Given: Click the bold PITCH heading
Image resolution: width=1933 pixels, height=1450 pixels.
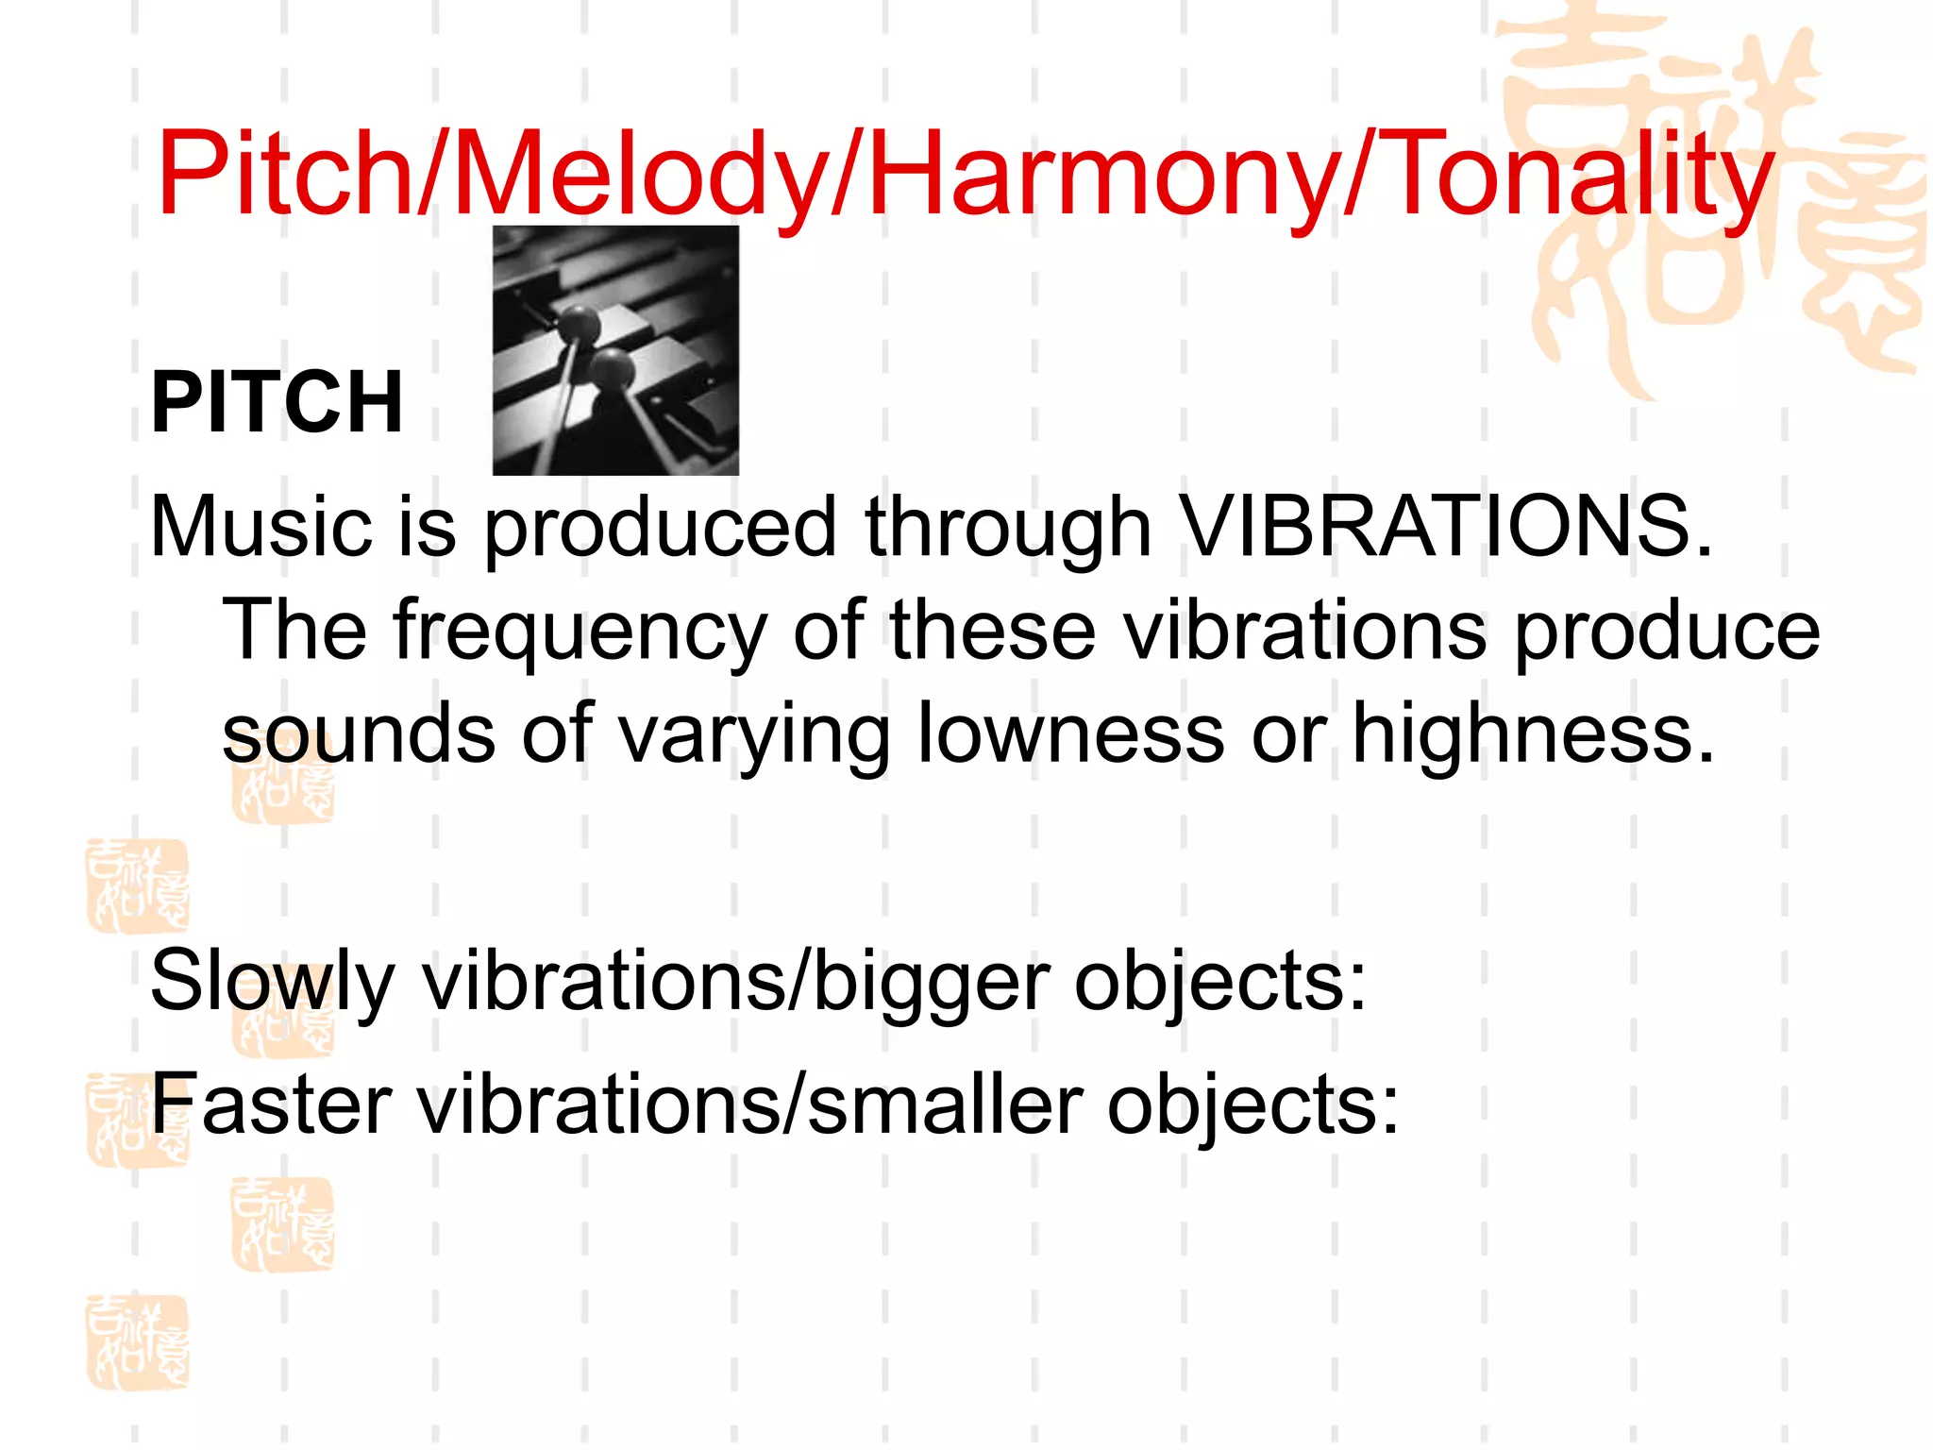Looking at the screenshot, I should [277, 403].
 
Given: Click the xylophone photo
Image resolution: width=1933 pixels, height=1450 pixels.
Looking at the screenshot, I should [615, 350].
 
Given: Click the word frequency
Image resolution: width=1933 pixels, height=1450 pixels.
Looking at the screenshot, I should [580, 631].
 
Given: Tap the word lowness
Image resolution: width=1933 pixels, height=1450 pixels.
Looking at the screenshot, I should [1070, 733].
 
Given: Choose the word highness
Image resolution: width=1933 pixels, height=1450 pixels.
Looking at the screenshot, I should [1531, 733].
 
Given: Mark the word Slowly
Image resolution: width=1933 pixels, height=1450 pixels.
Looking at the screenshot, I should [272, 982].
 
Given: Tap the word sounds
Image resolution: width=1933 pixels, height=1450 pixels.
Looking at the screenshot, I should [359, 733].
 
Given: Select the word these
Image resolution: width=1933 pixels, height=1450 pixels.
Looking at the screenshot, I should [993, 631].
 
